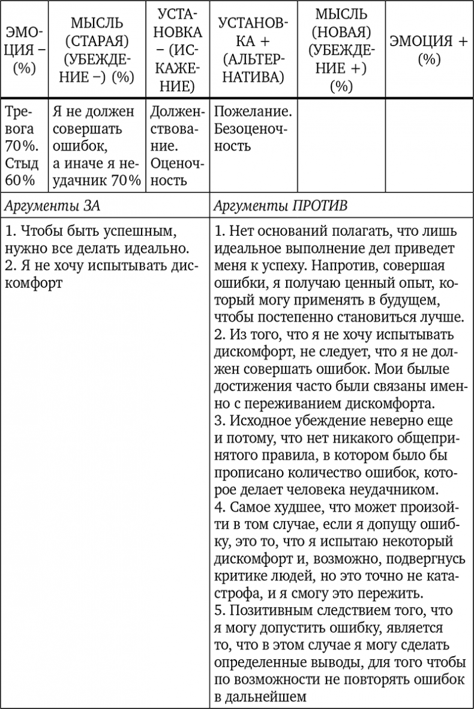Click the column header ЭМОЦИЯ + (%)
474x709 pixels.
[x=428, y=50]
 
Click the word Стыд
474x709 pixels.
[x=22, y=163]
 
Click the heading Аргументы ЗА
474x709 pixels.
[x=52, y=206]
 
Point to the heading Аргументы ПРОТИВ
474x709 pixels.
[x=281, y=206]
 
